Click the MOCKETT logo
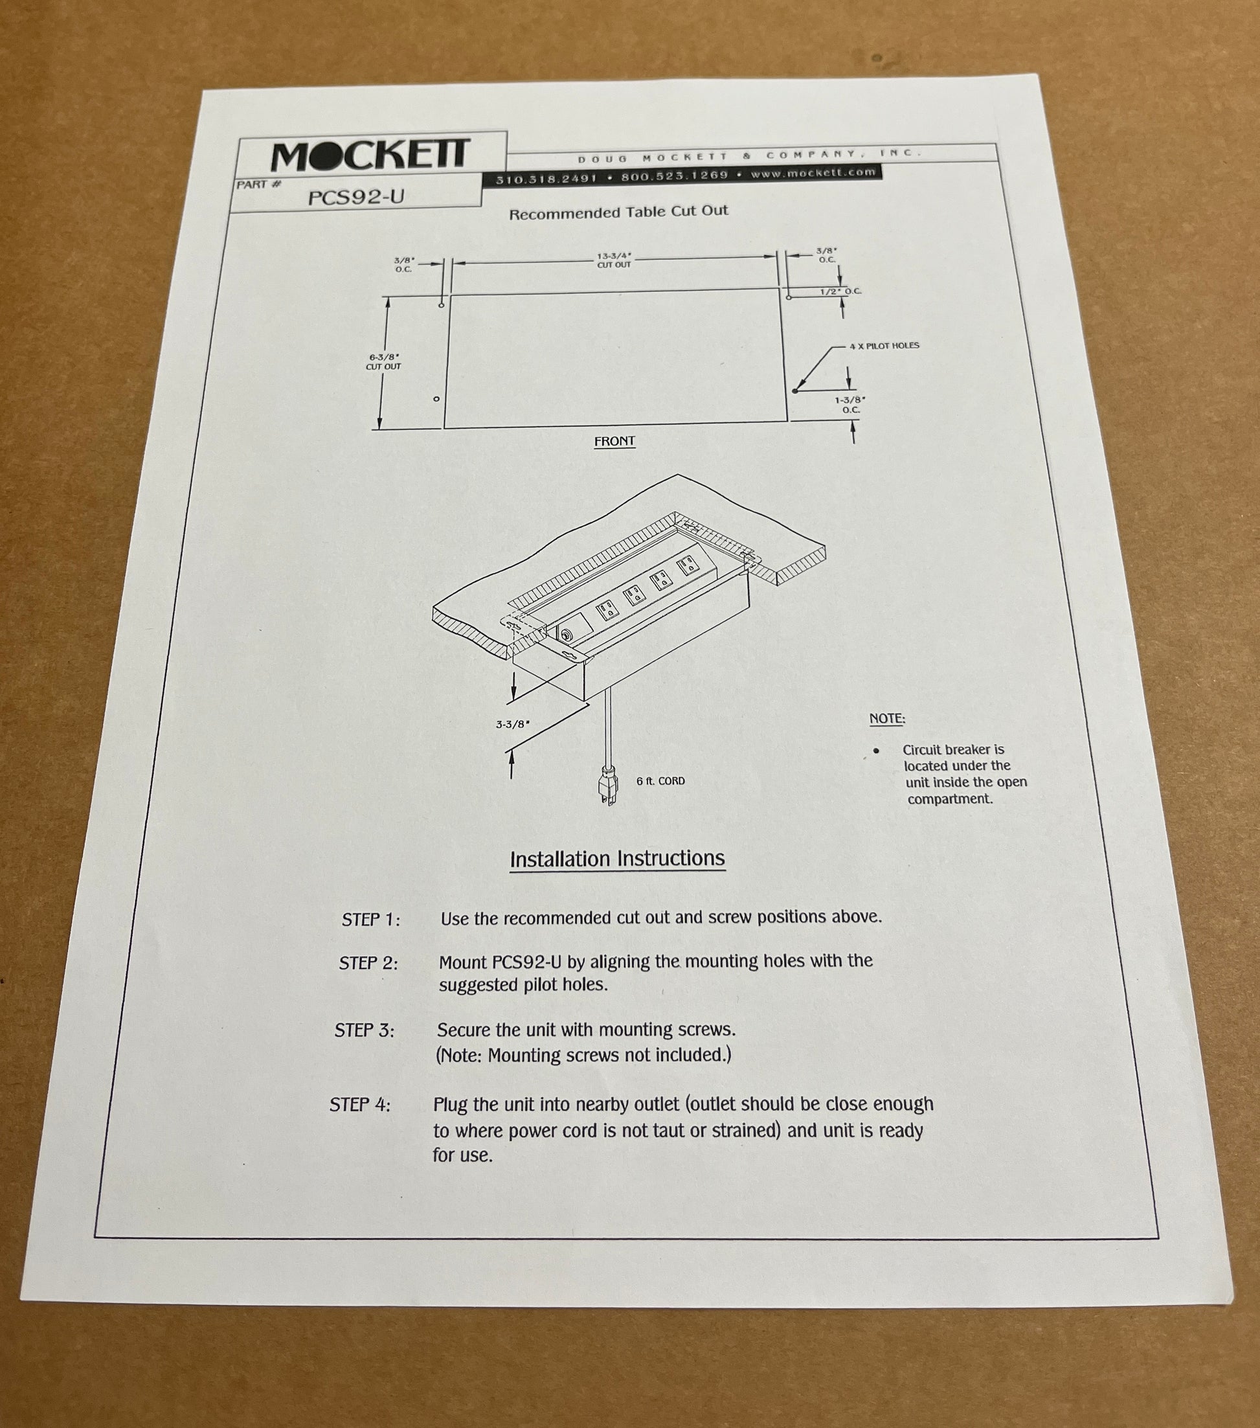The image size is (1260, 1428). tap(371, 155)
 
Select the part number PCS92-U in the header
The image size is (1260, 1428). tap(356, 197)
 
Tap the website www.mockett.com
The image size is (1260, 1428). tap(813, 172)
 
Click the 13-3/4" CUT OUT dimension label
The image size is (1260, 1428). tap(614, 260)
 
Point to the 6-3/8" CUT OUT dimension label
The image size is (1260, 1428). tap(383, 361)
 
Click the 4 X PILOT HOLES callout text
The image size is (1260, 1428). tap(884, 345)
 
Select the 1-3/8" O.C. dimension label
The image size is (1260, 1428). tap(850, 405)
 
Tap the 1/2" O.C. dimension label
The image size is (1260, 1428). tap(841, 291)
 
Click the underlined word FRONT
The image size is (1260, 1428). tap(614, 442)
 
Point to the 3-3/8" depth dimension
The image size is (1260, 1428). tap(513, 725)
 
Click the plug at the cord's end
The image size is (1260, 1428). tap(607, 786)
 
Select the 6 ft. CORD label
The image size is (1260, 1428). tap(660, 781)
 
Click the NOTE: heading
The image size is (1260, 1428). tap(887, 718)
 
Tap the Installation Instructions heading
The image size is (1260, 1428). tap(618, 859)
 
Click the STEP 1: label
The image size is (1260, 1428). tap(371, 920)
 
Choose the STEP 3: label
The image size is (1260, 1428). tap(365, 1030)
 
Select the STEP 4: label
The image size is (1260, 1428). tap(361, 1105)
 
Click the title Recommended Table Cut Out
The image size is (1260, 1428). tap(618, 212)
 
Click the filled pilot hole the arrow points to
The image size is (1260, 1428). tap(795, 391)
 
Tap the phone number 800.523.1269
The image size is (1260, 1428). tap(674, 176)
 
